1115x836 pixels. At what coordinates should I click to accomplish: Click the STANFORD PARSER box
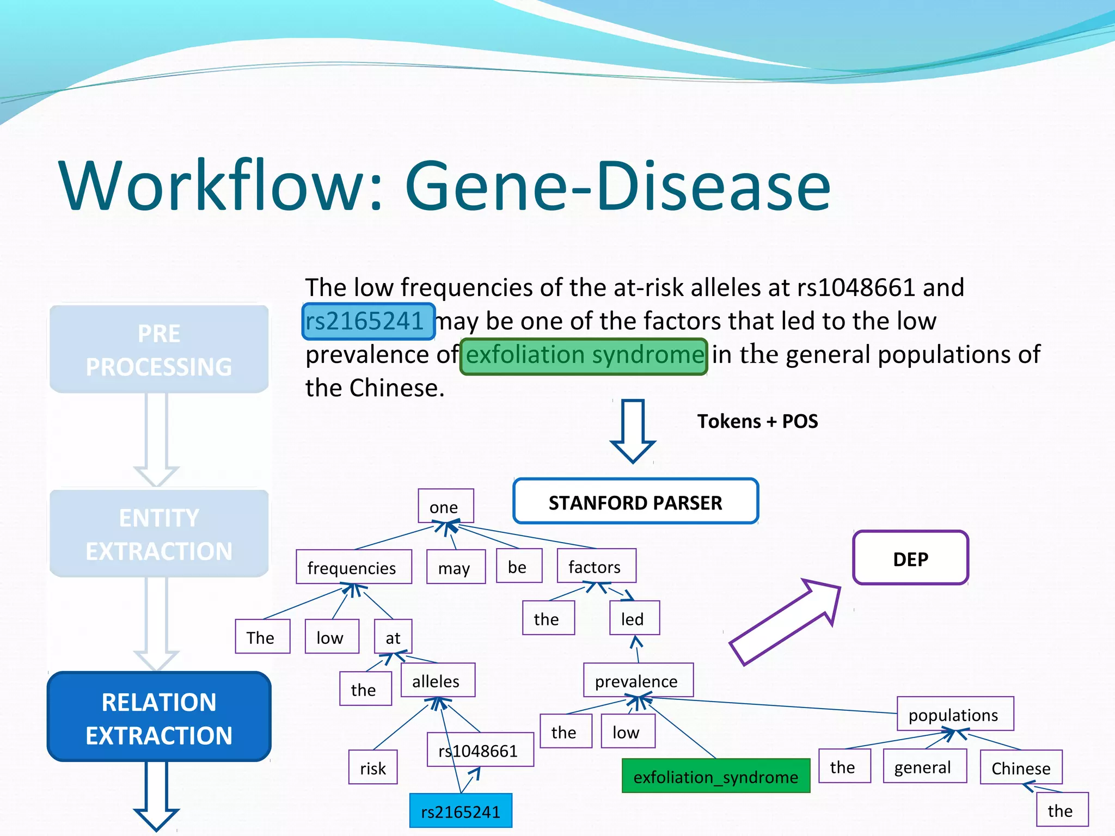pos(635,501)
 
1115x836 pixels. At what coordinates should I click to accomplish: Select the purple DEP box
pos(910,558)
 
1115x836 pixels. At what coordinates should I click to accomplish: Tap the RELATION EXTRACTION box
pos(159,717)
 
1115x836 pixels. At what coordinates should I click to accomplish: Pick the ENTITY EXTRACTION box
pos(159,533)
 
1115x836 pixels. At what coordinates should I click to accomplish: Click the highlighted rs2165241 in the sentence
pos(369,321)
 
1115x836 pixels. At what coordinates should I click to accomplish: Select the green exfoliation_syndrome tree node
pos(715,776)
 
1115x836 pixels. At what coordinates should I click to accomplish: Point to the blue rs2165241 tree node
pos(461,811)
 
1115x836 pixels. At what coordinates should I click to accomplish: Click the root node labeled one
pos(445,506)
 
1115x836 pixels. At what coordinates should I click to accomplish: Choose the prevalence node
pos(638,680)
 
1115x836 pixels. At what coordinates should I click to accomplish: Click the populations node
pos(954,714)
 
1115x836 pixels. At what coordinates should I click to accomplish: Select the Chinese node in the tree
pos(1021,767)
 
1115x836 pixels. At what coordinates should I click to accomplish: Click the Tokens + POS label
pos(757,421)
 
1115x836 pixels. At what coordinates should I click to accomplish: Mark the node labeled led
pos(634,618)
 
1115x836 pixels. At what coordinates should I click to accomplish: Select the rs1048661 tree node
pos(480,750)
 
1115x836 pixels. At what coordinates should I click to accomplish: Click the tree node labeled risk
pos(373,767)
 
